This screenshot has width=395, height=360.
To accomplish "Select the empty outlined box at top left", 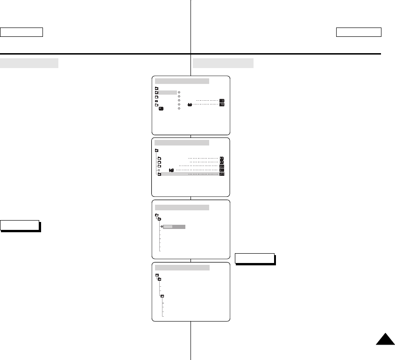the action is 21,32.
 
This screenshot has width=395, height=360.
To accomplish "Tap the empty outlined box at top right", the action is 359,32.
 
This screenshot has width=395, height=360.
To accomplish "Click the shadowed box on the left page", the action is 20,225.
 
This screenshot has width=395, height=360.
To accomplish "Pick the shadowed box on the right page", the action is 254,258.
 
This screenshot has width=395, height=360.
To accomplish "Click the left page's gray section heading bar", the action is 29,63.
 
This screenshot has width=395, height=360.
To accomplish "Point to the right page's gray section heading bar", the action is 223,63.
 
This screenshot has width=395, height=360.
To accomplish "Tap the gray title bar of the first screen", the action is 182,81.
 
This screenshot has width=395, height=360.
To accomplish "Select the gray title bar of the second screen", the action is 182,142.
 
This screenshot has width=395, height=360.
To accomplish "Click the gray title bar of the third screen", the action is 182,207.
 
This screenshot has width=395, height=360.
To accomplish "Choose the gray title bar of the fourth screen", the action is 182,268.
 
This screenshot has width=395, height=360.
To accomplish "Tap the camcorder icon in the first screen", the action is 190,105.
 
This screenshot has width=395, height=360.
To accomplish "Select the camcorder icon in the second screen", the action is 171,170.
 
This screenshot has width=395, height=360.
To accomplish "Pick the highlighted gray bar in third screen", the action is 175,227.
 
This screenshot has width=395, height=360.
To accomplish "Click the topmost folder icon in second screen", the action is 156,151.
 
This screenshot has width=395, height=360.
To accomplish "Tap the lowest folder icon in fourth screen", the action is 162,297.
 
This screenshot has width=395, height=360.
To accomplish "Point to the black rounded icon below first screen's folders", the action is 161,109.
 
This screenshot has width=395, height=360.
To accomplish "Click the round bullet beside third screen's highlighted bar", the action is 162,227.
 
